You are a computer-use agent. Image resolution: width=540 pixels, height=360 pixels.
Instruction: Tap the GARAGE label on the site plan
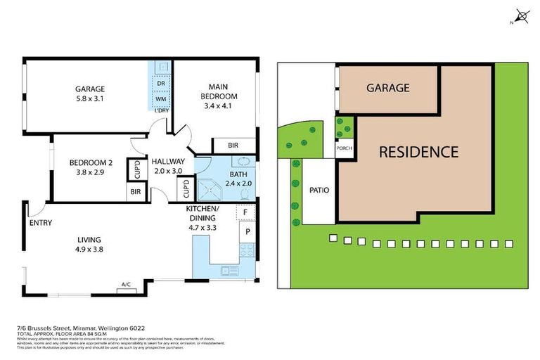tap(387, 88)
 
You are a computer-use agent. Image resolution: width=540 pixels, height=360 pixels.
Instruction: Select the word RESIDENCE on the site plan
tap(419, 151)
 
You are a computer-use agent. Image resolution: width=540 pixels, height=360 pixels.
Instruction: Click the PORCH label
tap(345, 148)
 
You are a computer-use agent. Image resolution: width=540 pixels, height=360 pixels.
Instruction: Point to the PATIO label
tap(319, 190)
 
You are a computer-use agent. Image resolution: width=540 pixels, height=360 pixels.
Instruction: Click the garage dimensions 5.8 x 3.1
tap(90, 100)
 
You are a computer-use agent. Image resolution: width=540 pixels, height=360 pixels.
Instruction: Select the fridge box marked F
tap(245, 211)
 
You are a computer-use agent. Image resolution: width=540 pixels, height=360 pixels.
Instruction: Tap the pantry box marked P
tap(247, 231)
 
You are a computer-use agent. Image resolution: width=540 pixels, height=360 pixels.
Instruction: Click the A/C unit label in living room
tap(127, 285)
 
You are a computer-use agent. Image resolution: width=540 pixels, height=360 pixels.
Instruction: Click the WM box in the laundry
tap(160, 100)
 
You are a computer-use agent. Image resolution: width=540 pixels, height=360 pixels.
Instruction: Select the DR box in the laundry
tap(160, 84)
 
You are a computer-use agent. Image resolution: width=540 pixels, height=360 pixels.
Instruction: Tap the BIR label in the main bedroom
tap(233, 146)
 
